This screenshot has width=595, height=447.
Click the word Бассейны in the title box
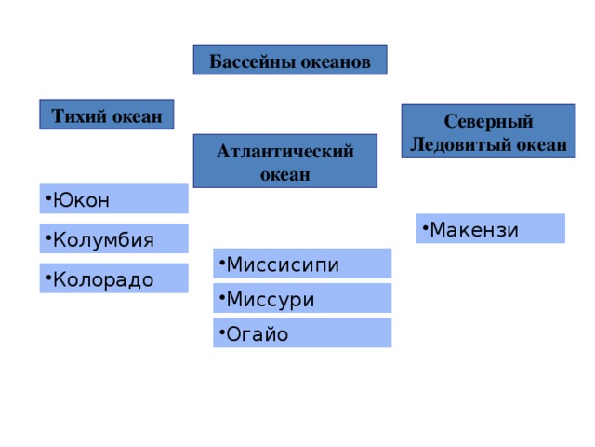[252, 61]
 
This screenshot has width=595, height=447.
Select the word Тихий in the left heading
[79, 115]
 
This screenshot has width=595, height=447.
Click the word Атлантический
[285, 152]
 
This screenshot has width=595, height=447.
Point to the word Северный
[489, 122]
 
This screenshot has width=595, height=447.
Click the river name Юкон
[81, 200]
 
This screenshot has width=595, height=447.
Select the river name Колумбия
[103, 240]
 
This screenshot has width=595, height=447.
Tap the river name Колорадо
[103, 279]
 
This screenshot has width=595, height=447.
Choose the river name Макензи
[474, 230]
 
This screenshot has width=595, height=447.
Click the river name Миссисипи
[283, 264]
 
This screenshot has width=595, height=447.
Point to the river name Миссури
[271, 300]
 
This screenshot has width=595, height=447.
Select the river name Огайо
[258, 334]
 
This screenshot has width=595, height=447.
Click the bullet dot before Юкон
[48, 197]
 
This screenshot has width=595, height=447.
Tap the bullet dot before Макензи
[425, 227]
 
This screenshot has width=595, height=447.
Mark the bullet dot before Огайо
[222, 332]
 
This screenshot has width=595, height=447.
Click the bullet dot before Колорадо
[48, 278]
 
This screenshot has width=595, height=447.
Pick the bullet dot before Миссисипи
[222, 263]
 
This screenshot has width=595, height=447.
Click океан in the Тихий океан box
[138, 116]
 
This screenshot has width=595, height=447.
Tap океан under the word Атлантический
[285, 175]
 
